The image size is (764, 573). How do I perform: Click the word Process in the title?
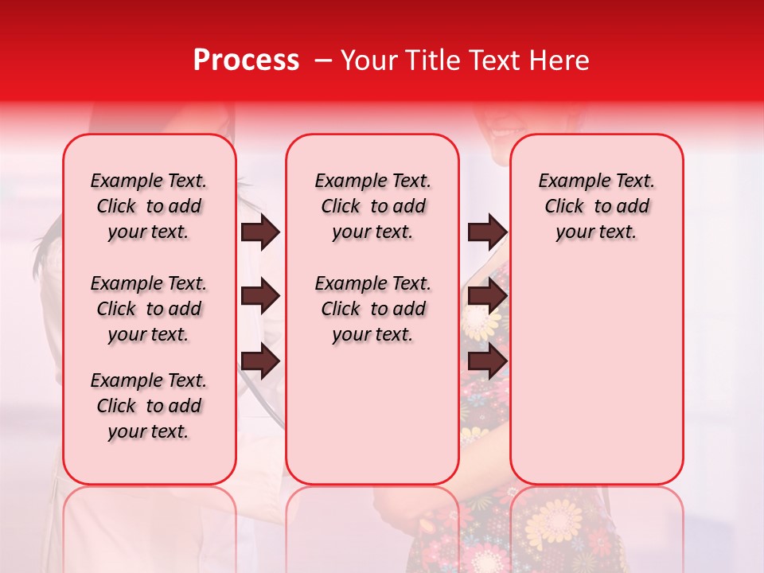tap(246, 60)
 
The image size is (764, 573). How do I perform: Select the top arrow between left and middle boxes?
tap(260, 232)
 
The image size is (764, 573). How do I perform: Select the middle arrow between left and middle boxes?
tap(260, 297)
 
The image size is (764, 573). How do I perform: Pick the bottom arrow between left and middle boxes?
tap(260, 361)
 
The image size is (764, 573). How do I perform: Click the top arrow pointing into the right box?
tap(487, 232)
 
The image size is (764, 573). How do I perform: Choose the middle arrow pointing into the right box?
tap(487, 297)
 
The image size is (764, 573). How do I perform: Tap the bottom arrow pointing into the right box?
tap(487, 361)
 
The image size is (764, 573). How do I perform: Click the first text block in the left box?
tap(149, 206)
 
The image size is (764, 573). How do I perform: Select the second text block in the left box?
tap(149, 309)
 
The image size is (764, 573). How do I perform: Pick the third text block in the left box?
tap(149, 406)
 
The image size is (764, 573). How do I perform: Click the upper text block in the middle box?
tap(372, 206)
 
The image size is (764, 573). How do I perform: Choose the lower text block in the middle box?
tap(372, 309)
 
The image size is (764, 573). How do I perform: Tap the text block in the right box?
tap(596, 206)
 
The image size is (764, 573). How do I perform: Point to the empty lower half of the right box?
tap(596, 374)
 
